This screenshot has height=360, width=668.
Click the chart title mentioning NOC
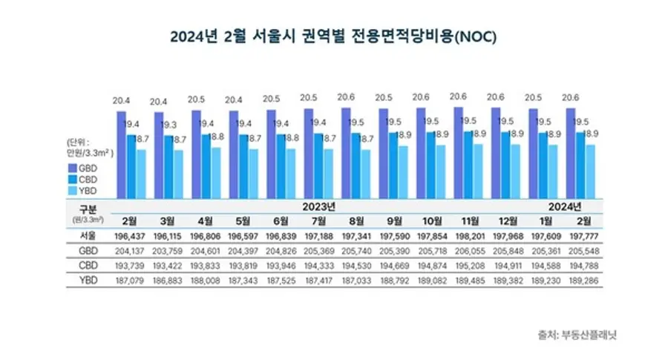coord(333,36)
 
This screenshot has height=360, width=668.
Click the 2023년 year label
coord(320,205)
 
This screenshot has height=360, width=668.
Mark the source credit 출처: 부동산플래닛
coord(577,335)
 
